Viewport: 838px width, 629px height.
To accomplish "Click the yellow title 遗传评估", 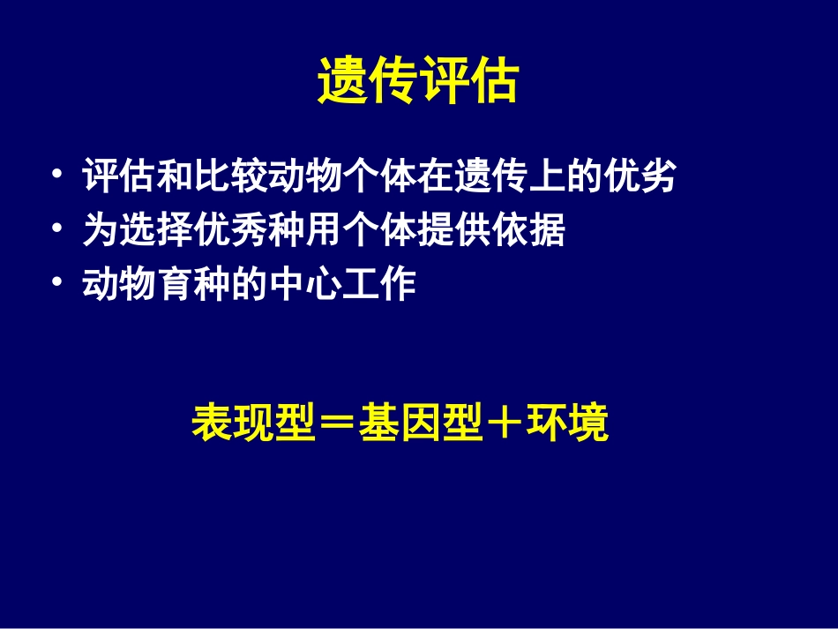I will pyautogui.click(x=417, y=84).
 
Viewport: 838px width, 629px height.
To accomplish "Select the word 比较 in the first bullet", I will pyautogui.click(x=231, y=176).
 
